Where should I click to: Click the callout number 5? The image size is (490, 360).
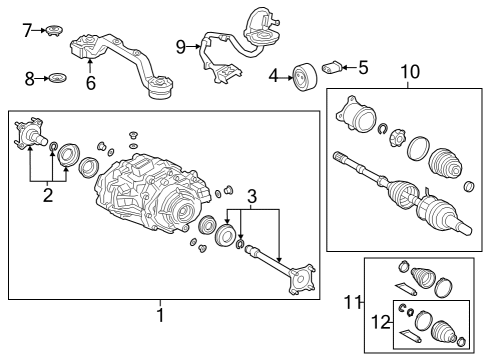point(363,68)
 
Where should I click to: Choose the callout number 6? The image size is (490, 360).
point(91,83)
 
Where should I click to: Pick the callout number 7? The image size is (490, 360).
point(27,30)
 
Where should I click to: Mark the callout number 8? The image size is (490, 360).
point(29,77)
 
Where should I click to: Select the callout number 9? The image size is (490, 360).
point(180,46)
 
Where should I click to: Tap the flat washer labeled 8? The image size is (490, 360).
point(57,77)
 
